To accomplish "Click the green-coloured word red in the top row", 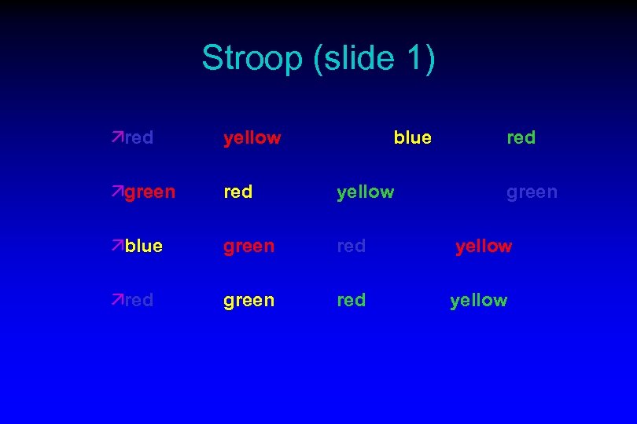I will (521, 138).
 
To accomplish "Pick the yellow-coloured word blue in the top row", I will (412, 138).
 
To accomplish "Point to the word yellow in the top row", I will (252, 138).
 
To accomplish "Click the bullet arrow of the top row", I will (117, 138).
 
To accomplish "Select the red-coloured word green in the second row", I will (149, 192).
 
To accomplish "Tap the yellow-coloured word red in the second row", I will (237, 192).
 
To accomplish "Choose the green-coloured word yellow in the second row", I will (365, 192).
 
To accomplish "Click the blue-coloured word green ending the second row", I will (532, 192).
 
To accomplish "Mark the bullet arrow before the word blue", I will (117, 246).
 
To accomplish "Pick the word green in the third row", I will (249, 247).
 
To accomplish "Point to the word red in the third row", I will (351, 247).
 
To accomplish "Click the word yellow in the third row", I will (484, 247).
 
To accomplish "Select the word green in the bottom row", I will (249, 300).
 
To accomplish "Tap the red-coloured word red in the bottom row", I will (351, 300).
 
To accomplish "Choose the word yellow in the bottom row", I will (478, 300).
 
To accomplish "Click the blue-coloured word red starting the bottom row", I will (138, 300).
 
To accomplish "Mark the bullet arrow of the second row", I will (117, 192).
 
